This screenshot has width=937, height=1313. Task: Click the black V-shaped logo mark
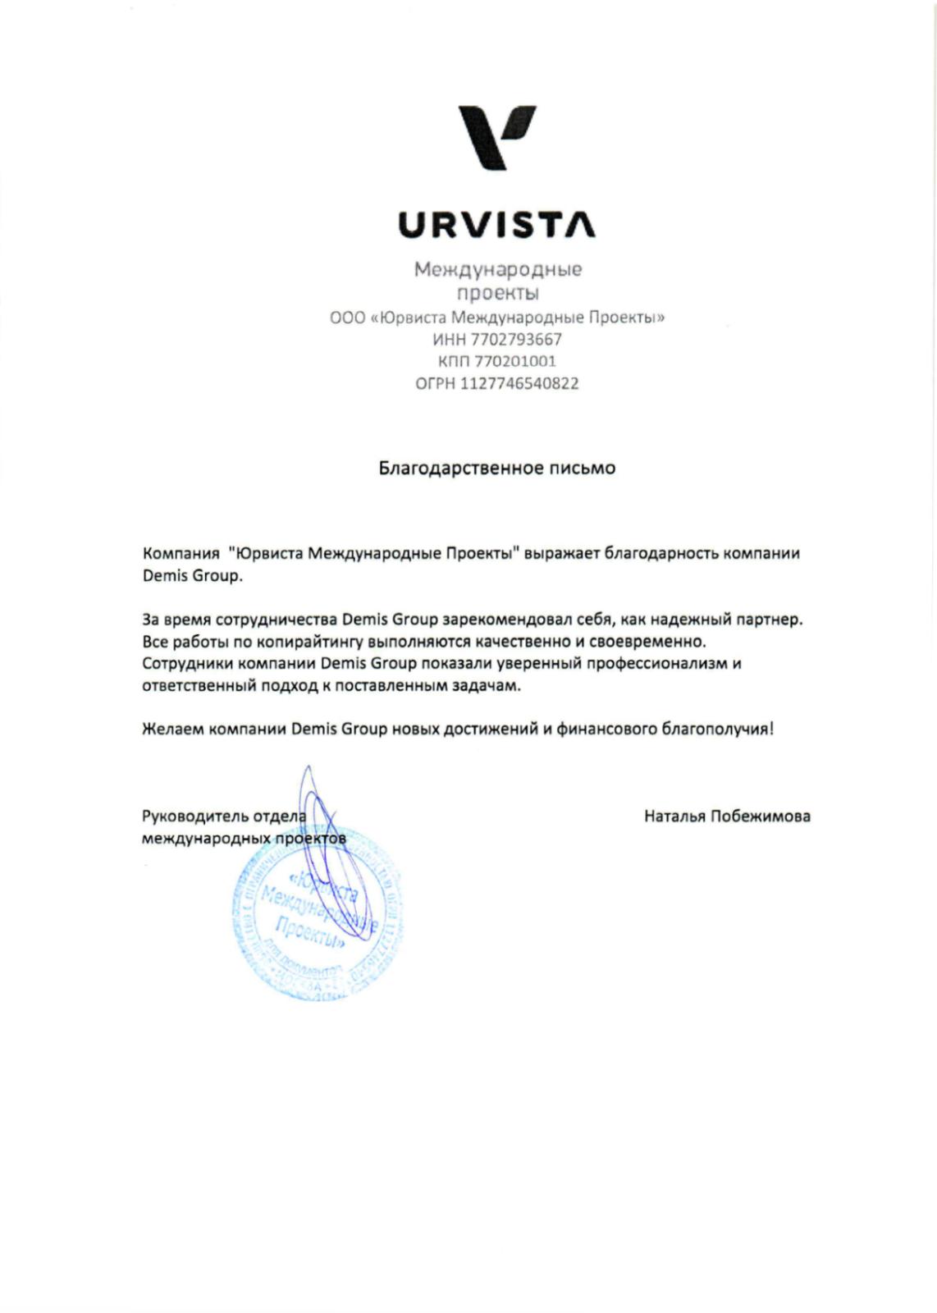pyautogui.click(x=496, y=136)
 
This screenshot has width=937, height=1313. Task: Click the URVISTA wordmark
pyautogui.click(x=497, y=225)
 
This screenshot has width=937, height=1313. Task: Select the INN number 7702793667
pyautogui.click(x=518, y=339)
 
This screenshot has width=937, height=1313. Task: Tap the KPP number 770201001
pyautogui.click(x=515, y=361)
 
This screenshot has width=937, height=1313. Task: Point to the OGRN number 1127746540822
pyautogui.click(x=519, y=383)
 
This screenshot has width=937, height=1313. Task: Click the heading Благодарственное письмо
pyautogui.click(x=496, y=469)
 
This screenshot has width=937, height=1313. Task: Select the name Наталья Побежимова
pyautogui.click(x=727, y=816)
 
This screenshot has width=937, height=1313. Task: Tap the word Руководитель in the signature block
pyautogui.click(x=194, y=816)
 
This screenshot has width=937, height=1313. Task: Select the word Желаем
pyautogui.click(x=172, y=729)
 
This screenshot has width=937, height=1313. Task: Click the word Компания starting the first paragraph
pyautogui.click(x=181, y=553)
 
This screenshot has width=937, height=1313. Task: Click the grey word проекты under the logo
pyautogui.click(x=497, y=293)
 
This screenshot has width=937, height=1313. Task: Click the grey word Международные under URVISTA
pyautogui.click(x=497, y=269)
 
